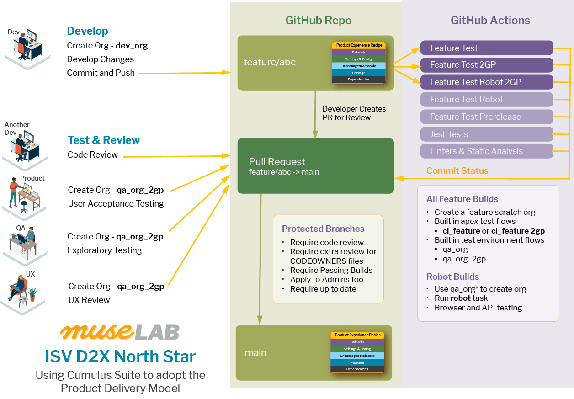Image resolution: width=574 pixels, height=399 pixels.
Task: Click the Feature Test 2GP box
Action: (x=486, y=65)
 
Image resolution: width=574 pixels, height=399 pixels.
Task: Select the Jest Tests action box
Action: (x=486, y=134)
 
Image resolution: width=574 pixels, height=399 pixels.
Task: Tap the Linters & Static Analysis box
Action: (x=486, y=151)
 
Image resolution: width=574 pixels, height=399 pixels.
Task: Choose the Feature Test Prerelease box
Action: (x=486, y=117)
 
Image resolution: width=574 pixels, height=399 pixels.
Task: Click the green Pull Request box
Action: (x=315, y=166)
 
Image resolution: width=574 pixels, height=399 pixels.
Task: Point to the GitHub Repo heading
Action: (x=319, y=21)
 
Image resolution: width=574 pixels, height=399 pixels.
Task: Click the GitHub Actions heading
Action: (x=490, y=21)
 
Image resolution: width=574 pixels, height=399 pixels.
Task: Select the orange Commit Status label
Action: (x=457, y=171)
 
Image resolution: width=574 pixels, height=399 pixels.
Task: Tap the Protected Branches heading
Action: (x=323, y=229)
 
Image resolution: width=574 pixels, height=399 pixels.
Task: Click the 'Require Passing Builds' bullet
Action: (x=331, y=270)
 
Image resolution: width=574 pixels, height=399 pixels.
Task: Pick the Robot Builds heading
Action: (x=452, y=277)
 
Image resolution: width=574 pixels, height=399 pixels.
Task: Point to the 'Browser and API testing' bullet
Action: (x=478, y=308)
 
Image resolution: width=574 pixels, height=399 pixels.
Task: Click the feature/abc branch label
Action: (x=270, y=62)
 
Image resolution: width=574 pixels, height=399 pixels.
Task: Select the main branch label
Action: (x=255, y=353)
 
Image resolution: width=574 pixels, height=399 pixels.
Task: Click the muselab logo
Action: (x=120, y=332)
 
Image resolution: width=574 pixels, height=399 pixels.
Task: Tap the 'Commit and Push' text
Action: (x=101, y=73)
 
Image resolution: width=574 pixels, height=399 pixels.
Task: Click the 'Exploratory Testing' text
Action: (x=105, y=250)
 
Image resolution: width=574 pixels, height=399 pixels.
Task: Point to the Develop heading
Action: (x=87, y=31)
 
